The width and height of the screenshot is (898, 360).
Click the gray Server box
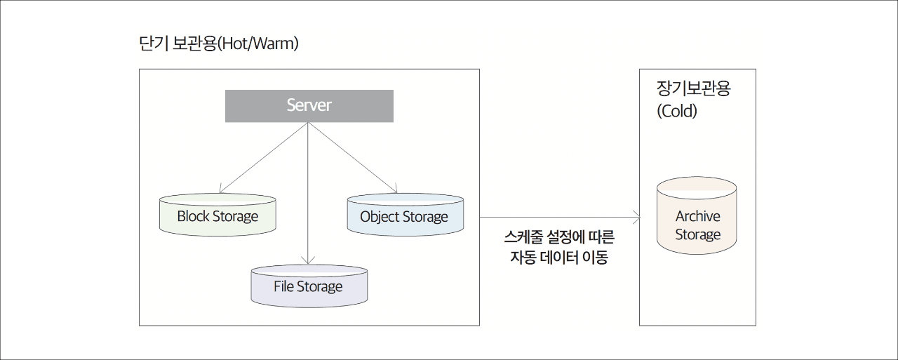tap(309, 106)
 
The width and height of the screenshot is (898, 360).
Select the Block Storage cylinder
tap(217, 215)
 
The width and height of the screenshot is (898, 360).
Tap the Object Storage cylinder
tap(406, 215)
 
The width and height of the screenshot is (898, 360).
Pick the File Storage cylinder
tap(309, 286)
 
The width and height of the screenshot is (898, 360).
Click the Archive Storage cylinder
tap(697, 215)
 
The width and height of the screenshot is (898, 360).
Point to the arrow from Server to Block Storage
tap(263, 158)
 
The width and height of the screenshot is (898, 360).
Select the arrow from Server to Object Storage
tap(352, 158)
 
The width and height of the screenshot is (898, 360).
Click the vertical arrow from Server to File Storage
tap(308, 193)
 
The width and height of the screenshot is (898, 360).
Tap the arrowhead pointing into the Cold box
tap(636, 218)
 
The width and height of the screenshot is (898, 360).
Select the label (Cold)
tap(677, 111)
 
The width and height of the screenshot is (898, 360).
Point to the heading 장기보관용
tap(694, 88)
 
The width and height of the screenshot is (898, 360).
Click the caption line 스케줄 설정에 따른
tap(559, 237)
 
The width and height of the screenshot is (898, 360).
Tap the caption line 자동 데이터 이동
tap(559, 257)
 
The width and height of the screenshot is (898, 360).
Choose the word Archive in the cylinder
tap(698, 216)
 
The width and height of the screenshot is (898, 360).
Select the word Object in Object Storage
tap(380, 217)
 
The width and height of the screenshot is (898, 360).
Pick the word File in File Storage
tap(284, 286)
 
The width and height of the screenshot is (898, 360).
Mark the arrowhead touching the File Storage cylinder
tap(308, 260)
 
